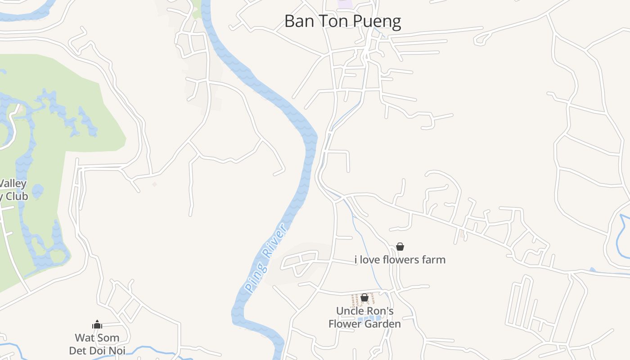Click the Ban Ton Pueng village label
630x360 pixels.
tap(342, 21)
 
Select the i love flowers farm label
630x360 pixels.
tap(400, 260)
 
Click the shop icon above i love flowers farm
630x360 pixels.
tap(400, 247)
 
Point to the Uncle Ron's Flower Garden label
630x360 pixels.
tap(364, 317)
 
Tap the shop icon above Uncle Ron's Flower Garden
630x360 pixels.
tap(364, 297)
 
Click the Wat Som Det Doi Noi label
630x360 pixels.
tap(97, 344)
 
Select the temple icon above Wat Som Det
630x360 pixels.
tap(97, 324)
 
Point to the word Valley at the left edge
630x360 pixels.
tap(13, 184)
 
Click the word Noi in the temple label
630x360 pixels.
tap(116, 351)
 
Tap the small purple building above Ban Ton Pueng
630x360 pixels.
tap(345, 4)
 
